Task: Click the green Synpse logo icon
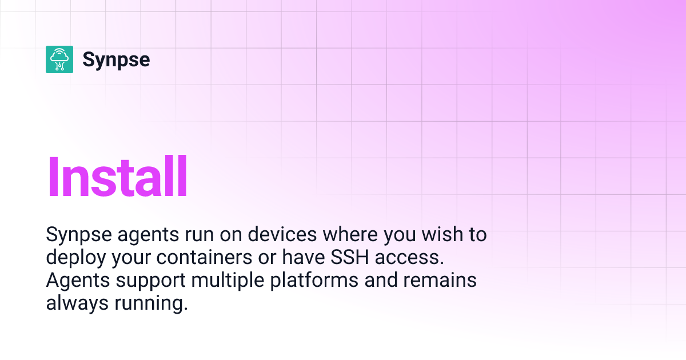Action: pyautogui.click(x=59, y=59)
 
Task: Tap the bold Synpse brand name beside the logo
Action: pyautogui.click(x=116, y=60)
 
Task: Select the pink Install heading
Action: pyautogui.click(x=117, y=177)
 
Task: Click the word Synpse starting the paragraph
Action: pyautogui.click(x=79, y=235)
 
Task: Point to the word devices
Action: pyautogui.click(x=282, y=234)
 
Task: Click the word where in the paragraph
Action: pyautogui.click(x=350, y=234)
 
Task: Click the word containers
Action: pyautogui.click(x=204, y=257)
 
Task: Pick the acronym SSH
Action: pyautogui.click(x=349, y=257)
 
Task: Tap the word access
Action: pyautogui.click(x=409, y=258)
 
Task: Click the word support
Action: pyautogui.click(x=151, y=281)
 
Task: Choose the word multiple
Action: pyautogui.click(x=228, y=281)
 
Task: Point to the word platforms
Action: pyautogui.click(x=314, y=281)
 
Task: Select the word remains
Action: pyautogui.click(x=440, y=280)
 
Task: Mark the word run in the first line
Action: pyautogui.click(x=200, y=235)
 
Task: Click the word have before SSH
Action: pyautogui.click(x=303, y=257)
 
